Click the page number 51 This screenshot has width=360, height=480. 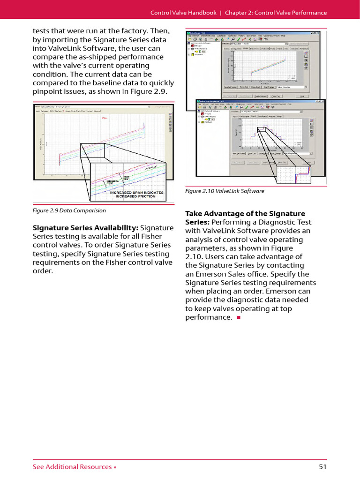coord(322,466)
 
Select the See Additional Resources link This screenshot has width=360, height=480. coord(74,466)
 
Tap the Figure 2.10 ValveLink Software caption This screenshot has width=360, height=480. coord(225,191)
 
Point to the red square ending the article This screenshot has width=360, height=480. coord(238,318)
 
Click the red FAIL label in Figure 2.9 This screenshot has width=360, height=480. coord(105,118)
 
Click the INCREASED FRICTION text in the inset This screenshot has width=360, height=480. coord(136,196)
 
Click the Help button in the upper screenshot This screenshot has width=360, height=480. coord(302,96)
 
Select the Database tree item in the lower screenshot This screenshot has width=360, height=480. coord(209,122)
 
